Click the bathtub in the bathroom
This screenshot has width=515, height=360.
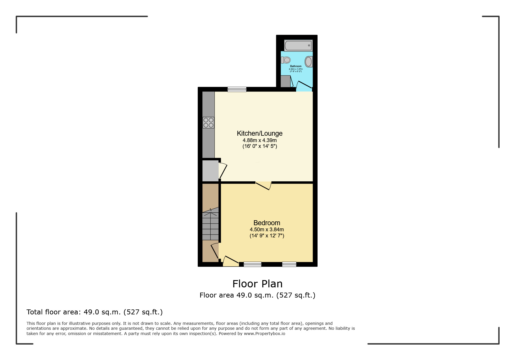298,46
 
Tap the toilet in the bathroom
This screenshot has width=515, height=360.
286,60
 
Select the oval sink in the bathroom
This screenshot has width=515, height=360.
309,62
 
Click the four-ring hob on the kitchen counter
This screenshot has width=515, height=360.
209,123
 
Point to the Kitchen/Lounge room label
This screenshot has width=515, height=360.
260,133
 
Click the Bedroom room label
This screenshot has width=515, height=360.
267,223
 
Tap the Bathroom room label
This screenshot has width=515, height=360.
296,66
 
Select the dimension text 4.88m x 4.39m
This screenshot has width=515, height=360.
260,140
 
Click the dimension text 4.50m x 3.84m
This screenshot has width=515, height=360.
267,230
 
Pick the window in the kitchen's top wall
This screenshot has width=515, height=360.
237,89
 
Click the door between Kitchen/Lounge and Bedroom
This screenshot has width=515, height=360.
263,185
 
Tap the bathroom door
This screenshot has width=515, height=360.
304,85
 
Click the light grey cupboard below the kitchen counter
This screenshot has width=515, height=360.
210,171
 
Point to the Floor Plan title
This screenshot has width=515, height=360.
257,284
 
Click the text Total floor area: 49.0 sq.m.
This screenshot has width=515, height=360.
95,312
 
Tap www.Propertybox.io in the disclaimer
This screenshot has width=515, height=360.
264,334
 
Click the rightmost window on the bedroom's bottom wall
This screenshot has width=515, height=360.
289,264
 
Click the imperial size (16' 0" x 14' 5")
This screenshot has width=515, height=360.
260,146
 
